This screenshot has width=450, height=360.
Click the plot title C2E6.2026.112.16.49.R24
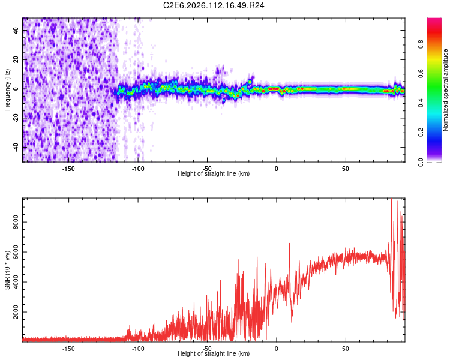click(x=214, y=5)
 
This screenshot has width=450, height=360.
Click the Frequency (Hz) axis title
click(x=7, y=90)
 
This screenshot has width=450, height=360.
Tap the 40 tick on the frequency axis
click(x=16, y=31)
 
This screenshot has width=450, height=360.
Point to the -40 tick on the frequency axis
click(x=16, y=146)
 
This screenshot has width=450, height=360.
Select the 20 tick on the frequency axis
click(x=16, y=59)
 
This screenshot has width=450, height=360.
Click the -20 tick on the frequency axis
click(x=16, y=118)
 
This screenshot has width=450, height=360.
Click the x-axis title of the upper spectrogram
click(x=214, y=174)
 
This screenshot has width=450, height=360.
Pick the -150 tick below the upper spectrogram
click(x=68, y=168)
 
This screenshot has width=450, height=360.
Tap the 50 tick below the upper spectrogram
click(x=346, y=168)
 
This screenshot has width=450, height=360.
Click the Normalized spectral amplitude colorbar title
click(x=446, y=90)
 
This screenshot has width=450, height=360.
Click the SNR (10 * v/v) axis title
click(x=7, y=270)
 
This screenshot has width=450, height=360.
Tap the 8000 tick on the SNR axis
click(x=16, y=221)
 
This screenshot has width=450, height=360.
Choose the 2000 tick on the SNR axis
click(x=16, y=313)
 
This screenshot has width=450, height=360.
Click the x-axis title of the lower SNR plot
click(x=214, y=354)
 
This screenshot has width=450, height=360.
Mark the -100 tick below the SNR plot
click(x=138, y=348)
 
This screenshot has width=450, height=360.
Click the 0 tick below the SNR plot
click(x=277, y=348)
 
